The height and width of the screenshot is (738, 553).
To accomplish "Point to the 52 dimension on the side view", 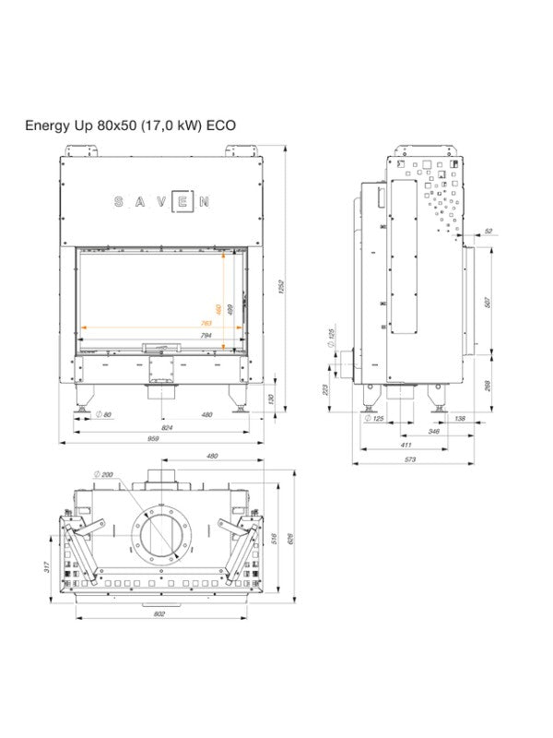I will pyautogui.click(x=488, y=231).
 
